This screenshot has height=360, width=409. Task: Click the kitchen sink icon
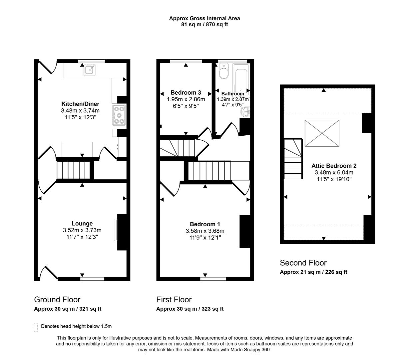[x=89, y=70]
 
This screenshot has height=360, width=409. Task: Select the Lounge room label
[x=82, y=223]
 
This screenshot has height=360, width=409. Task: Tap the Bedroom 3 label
[x=186, y=93]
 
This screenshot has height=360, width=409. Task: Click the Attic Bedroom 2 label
[x=334, y=166]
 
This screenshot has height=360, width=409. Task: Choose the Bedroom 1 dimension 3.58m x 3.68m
[x=205, y=231]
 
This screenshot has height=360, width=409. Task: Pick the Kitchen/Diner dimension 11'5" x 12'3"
[x=80, y=117]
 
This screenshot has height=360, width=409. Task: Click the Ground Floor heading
[x=57, y=299]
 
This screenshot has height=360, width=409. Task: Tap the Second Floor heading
[x=303, y=263]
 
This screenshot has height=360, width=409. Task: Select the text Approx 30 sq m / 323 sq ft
[x=190, y=309]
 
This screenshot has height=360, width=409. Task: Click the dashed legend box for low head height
[x=36, y=327]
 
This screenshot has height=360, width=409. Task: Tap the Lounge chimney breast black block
[x=122, y=232]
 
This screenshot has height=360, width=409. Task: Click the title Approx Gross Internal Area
[x=204, y=18]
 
